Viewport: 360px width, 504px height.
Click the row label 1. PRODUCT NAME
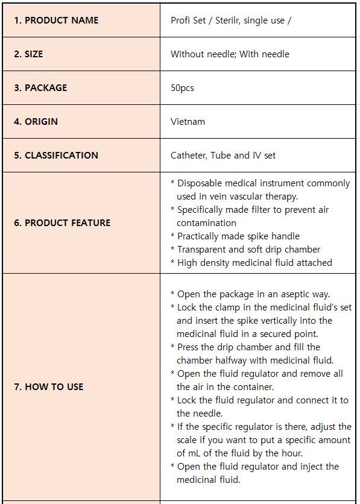(x=56, y=20)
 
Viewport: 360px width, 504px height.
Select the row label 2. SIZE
(x=28, y=54)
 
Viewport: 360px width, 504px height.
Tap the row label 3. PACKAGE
(x=40, y=88)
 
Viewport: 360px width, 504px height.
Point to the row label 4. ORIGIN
(x=36, y=122)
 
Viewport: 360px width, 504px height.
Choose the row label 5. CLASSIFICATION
(x=56, y=156)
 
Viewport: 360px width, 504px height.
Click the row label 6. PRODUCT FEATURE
(x=62, y=223)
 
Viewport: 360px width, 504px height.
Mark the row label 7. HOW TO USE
(x=49, y=387)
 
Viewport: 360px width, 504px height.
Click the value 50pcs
(x=182, y=88)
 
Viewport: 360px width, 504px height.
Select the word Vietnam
(x=188, y=122)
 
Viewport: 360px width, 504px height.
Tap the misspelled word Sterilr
(x=221, y=20)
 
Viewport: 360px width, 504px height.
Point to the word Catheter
(x=188, y=156)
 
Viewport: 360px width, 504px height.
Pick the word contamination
(x=206, y=223)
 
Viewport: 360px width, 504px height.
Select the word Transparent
(x=203, y=250)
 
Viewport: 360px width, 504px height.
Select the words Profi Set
(x=188, y=20)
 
